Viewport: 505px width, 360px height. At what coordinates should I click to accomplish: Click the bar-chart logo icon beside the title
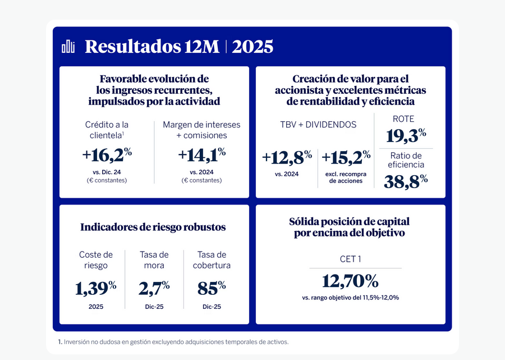coord(68,47)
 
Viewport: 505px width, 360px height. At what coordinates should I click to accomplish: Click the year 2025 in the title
coord(252,47)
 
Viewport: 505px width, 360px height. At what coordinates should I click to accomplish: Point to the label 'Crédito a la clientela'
coord(107,130)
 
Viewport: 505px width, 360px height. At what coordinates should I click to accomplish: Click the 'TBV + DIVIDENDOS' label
coord(318,125)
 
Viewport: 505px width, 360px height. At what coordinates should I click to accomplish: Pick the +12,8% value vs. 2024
coord(287,158)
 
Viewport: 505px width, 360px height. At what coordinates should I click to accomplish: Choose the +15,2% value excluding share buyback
coord(346,158)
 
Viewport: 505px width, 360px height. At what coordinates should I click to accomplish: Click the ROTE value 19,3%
coord(406,135)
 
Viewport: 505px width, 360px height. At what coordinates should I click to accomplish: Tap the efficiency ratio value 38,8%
coord(406,181)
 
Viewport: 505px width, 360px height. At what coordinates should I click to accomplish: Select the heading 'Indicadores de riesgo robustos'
coord(153,227)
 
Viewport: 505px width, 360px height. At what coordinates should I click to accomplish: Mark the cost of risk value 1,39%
coord(96,288)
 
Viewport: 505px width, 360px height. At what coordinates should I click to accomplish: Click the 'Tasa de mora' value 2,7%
coord(154,288)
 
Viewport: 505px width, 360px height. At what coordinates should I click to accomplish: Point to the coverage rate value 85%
coord(212,288)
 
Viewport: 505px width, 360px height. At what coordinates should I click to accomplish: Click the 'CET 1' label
coord(350,259)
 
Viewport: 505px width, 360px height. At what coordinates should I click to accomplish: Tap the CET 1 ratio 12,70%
coord(350,280)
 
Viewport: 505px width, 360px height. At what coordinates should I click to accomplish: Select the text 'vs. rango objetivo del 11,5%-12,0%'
coord(350,297)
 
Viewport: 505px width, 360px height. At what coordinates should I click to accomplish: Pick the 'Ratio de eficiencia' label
coord(406,160)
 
